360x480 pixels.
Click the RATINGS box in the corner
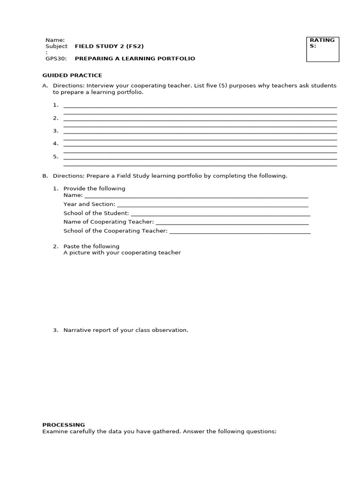(322, 49)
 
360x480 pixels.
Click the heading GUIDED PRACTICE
(72, 75)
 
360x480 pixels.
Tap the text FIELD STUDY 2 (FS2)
(109, 46)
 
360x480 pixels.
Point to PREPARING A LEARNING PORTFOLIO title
(135, 59)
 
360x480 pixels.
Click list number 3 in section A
(55, 131)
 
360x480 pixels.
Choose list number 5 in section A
(55, 157)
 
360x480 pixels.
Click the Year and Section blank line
(212, 205)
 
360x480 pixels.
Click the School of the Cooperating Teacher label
(115, 231)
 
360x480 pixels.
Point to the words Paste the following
(91, 247)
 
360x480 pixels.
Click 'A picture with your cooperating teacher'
(122, 253)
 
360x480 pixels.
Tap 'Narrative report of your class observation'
(126, 330)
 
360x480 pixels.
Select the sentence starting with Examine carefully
(159, 431)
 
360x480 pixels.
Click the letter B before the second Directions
(45, 176)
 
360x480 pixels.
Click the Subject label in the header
(56, 46)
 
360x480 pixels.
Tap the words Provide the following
(94, 188)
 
